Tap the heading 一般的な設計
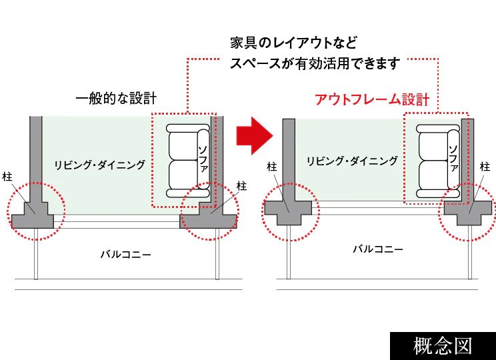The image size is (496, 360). coord(116,99)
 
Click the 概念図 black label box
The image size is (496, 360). coord(443,346)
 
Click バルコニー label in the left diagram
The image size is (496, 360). coord(126,254)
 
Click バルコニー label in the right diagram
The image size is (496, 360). coord(378,249)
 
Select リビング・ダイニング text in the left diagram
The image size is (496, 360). coord(100,165)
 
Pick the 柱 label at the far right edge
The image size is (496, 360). coord(485,166)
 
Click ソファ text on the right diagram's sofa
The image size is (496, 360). coord(453,157)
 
